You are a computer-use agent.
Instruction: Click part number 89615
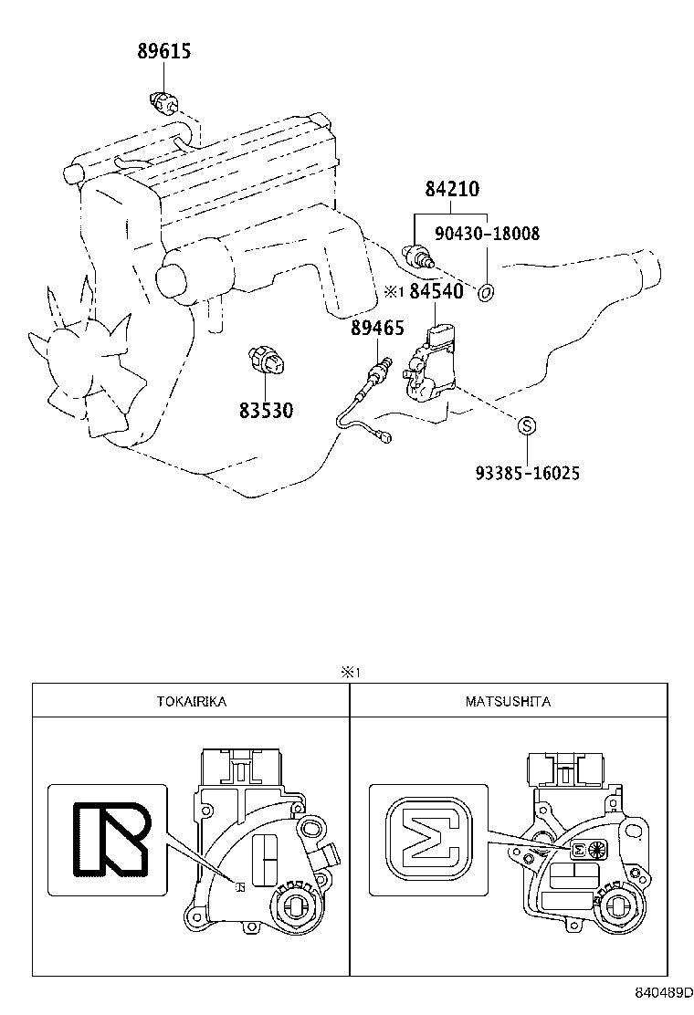coord(164,51)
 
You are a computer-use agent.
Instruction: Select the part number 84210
coord(452,190)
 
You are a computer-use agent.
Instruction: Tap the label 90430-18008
coord(487,234)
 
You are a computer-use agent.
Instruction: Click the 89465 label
coord(377,328)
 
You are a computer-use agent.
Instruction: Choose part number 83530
coord(267,411)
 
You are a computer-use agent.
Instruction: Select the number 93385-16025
coord(527,473)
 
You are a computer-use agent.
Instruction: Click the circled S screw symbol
coord(526,426)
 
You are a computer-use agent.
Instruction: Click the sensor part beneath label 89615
coord(163,102)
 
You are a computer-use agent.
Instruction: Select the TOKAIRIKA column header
coord(192,701)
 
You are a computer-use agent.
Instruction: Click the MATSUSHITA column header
coord(508,701)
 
